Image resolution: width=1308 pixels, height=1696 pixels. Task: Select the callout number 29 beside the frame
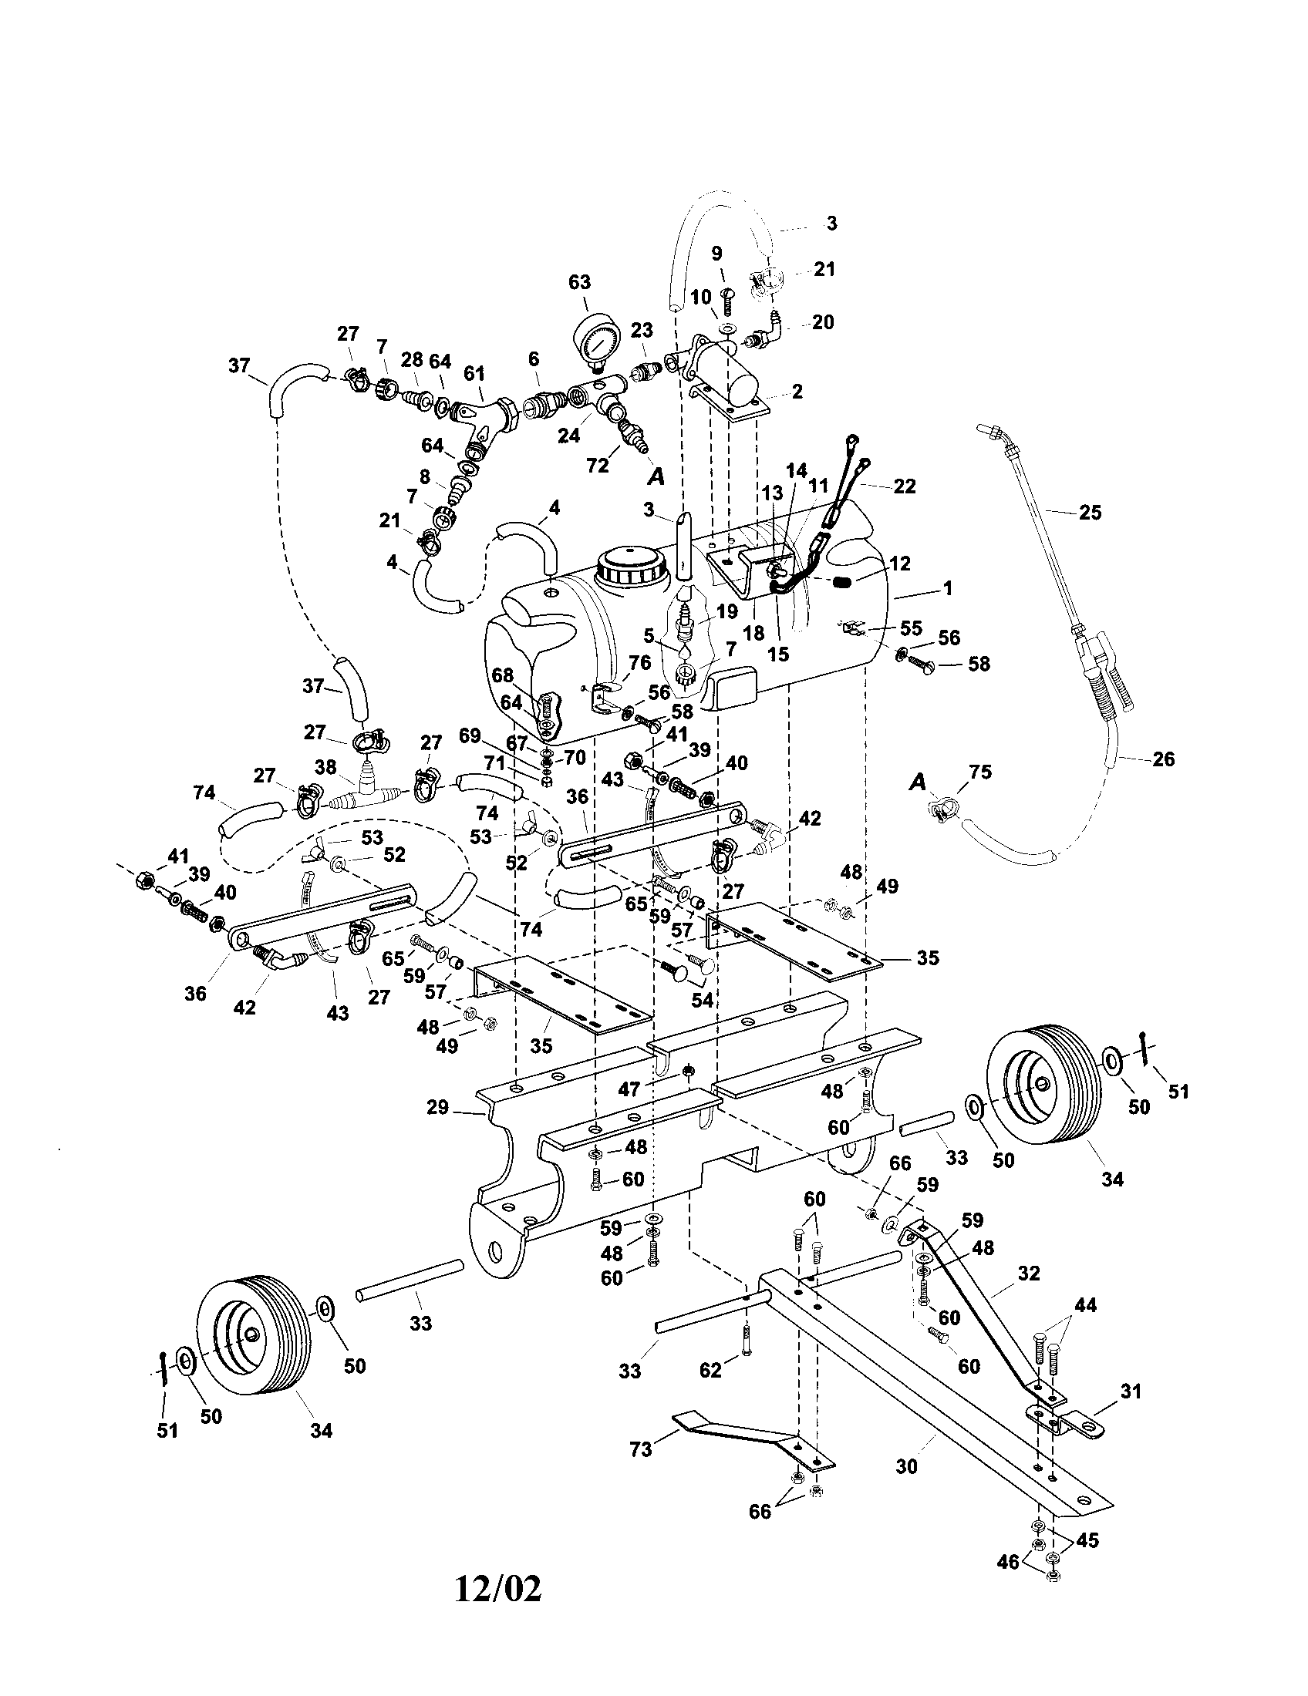[x=438, y=1106]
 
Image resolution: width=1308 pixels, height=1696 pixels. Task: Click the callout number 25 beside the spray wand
[x=1091, y=513]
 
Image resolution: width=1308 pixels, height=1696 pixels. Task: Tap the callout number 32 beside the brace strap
[x=1028, y=1274]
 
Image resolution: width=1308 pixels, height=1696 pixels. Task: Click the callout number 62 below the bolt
[x=710, y=1370]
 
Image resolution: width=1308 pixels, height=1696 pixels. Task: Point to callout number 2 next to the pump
[x=797, y=392]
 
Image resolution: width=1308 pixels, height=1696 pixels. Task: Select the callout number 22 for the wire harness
[x=905, y=486]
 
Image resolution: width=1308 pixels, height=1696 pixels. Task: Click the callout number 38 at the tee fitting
[x=325, y=767]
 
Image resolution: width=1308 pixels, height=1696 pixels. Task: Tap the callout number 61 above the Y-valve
[x=474, y=373]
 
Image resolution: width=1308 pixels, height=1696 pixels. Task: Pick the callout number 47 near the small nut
[x=629, y=1089]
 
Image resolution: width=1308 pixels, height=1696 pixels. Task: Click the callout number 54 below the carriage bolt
[x=702, y=1000]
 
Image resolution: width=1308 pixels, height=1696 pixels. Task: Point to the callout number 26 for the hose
[x=1163, y=759]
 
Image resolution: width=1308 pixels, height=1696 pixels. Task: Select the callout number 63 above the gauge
[x=579, y=282]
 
